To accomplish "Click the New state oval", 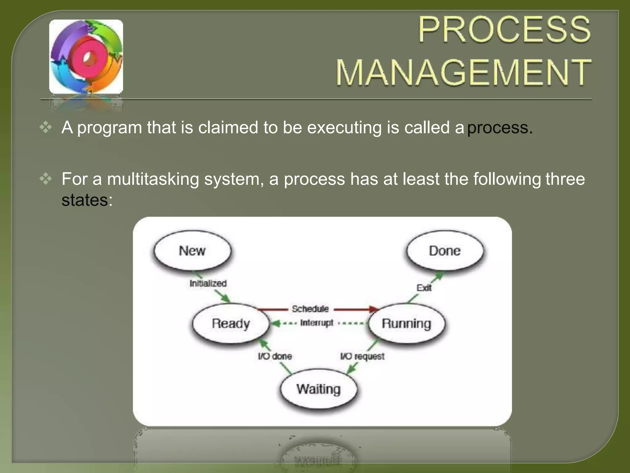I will [192, 251].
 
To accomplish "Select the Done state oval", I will [445, 251].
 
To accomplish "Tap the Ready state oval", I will [231, 323].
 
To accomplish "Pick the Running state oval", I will [406, 323].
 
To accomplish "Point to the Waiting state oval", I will [319, 389].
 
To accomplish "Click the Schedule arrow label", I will [310, 309].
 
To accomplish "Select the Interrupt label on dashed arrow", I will [317, 323].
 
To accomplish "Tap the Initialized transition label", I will [208, 283].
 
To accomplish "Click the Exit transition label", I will [424, 288].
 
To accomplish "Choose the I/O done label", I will [275, 356].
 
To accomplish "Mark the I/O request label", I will [362, 356].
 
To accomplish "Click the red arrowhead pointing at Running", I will [373, 309].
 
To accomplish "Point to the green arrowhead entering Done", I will [439, 275].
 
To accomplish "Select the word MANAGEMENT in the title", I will [463, 72].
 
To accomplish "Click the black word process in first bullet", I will [497, 127].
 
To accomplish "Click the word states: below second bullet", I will [87, 200].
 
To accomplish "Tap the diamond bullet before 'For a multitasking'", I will [46, 179].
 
